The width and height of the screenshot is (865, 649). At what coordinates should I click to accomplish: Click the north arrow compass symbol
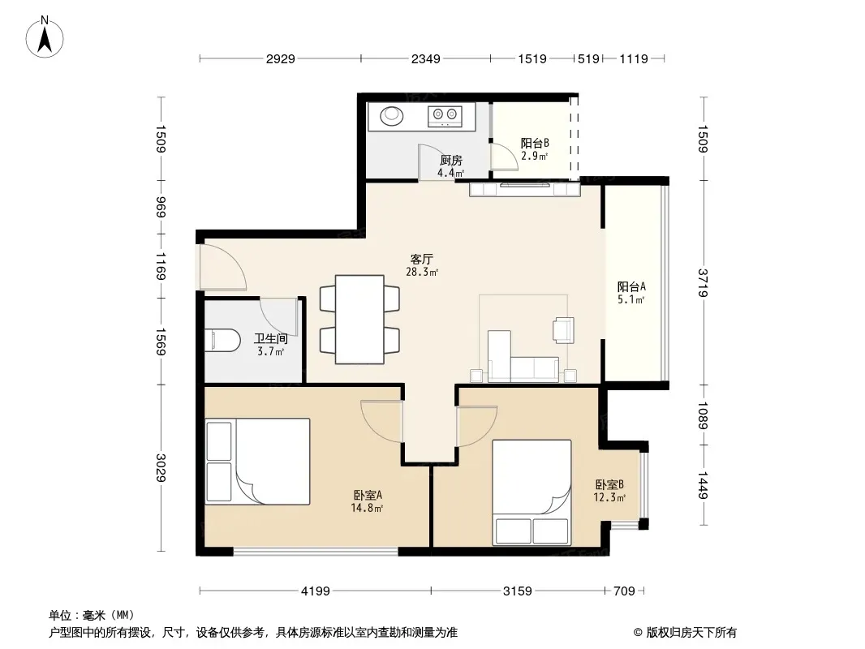45,37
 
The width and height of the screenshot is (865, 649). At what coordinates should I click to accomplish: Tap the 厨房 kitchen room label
450,161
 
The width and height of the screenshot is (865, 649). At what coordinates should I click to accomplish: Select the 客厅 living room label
421,259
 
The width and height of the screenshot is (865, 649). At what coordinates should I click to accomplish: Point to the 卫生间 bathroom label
271,338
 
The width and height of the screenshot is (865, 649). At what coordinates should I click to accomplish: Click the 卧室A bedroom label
368,495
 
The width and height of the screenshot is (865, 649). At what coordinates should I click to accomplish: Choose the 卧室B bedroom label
609,484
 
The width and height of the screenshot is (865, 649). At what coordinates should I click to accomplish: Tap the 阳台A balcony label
631,286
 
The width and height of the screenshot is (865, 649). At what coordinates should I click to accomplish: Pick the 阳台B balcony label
535,144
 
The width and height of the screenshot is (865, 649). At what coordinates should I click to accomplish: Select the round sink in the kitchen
392,116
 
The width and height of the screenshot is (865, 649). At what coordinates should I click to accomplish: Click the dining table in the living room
359,320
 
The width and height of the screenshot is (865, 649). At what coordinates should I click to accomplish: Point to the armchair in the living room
564,329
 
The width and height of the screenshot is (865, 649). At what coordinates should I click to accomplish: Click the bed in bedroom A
257,462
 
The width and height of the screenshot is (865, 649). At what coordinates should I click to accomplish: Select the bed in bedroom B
531,492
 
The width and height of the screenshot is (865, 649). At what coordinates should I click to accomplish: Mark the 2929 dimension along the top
280,58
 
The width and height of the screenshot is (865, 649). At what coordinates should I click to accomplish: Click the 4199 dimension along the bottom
316,591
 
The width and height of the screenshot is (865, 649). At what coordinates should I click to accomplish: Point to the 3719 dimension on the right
703,283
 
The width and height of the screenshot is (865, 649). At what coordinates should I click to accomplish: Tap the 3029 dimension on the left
161,467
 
